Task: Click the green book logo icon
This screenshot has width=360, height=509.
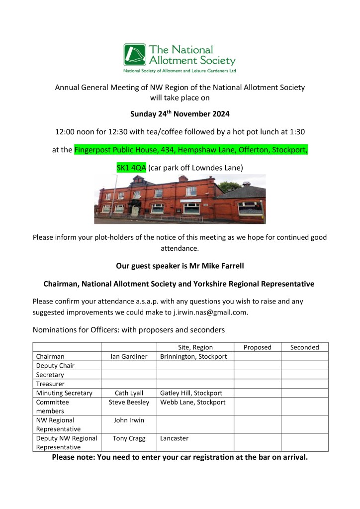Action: (135, 55)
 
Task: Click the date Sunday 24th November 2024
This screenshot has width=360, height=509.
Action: (180, 114)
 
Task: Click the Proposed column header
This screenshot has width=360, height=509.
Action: (257, 347)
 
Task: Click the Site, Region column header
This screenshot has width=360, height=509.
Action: (195, 347)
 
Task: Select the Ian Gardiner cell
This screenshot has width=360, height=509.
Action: (129, 356)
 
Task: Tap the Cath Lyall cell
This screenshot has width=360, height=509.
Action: (129, 393)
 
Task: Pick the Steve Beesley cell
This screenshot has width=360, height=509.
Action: (129, 402)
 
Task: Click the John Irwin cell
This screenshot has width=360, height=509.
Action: (129, 420)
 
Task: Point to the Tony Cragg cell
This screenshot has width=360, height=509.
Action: (129, 438)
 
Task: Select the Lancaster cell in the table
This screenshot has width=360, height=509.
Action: (174, 438)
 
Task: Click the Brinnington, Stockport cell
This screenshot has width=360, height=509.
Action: (193, 356)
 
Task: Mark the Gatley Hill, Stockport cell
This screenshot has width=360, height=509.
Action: (191, 393)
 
